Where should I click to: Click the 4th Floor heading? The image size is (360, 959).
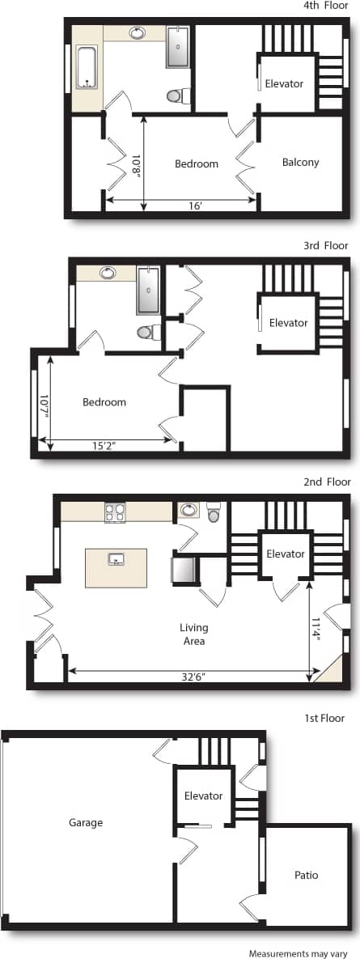coord(327,6)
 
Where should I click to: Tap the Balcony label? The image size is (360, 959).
coord(300,163)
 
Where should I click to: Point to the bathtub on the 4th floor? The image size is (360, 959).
coord(87,67)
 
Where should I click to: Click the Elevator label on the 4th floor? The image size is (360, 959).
coord(284,83)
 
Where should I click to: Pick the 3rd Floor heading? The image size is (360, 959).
coord(326,245)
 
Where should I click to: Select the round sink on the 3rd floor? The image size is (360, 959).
coord(108,273)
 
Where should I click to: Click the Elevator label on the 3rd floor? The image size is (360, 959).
coord(288,323)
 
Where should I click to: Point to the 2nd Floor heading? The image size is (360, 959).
coord(327,482)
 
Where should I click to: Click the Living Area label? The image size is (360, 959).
coord(193,634)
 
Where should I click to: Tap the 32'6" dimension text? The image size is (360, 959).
coord(193,677)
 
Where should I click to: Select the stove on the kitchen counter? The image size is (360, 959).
coord(115,512)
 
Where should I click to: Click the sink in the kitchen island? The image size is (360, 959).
coord(116,558)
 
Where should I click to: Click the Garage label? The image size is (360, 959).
coord(86,823)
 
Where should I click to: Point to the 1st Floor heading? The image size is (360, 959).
coord(324,718)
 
